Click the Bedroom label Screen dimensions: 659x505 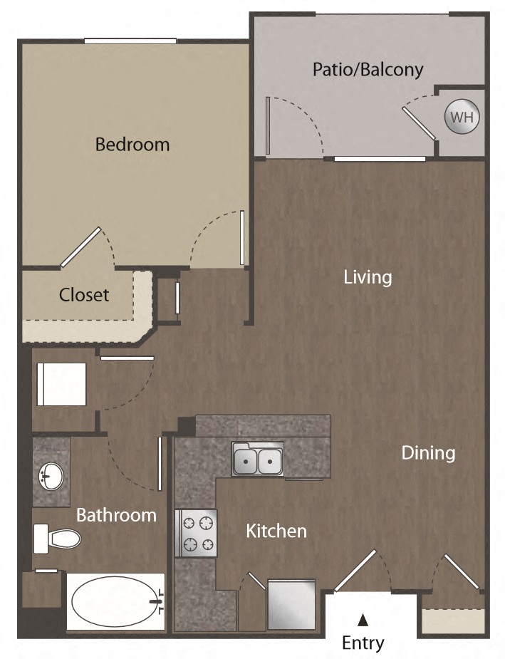tap(132, 145)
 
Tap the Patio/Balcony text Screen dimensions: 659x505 tap(368, 69)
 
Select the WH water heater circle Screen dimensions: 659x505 tap(462, 118)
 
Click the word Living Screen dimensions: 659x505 tap(368, 276)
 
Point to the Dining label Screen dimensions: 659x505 tap(427, 452)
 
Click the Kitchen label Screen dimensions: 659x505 tap(276, 531)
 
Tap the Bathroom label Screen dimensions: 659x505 tap(116, 514)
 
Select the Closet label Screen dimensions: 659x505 tap(84, 294)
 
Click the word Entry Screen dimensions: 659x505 tap(363, 643)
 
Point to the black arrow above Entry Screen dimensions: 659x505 tap(363, 620)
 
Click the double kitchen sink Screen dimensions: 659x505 tap(257, 460)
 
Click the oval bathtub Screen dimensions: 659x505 tap(115, 601)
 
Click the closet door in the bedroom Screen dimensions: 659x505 tap(80, 247)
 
